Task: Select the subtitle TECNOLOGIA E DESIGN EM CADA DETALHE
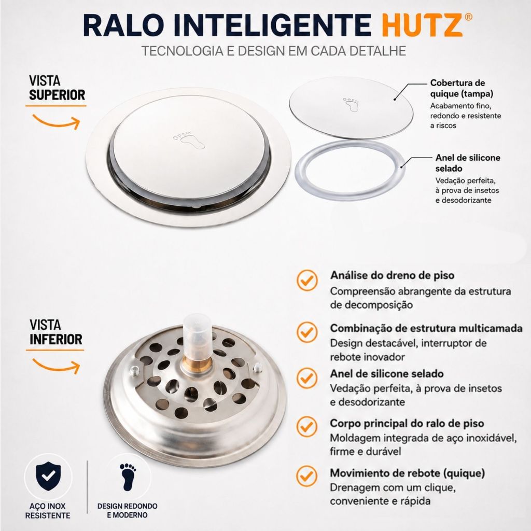(x=274, y=51)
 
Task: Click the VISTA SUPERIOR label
(x=57, y=88)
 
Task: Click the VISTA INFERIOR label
(x=56, y=332)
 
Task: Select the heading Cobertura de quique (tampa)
(x=462, y=88)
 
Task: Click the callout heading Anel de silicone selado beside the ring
(x=468, y=163)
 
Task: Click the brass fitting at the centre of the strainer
(x=197, y=365)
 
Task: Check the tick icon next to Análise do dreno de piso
(x=307, y=280)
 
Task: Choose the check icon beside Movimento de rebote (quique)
(x=307, y=476)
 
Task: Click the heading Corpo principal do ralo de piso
(x=407, y=423)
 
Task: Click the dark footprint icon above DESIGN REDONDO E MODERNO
(x=128, y=477)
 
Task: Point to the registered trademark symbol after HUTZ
(x=469, y=17)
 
